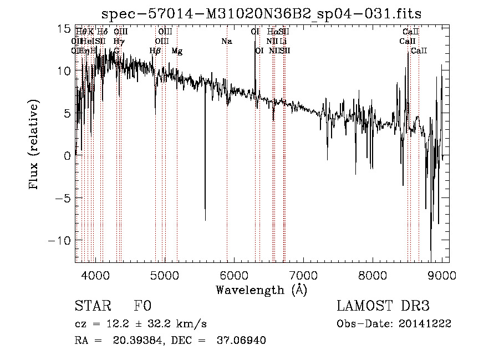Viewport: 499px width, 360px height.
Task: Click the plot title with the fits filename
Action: (262, 14)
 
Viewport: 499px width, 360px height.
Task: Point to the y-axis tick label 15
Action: (64, 28)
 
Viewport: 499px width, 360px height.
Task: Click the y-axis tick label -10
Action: (60, 241)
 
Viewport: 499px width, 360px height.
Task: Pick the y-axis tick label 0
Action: (67, 156)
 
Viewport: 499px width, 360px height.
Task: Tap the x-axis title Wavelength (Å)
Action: (262, 290)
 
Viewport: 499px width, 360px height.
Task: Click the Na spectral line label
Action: (226, 42)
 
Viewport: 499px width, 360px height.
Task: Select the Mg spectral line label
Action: (177, 51)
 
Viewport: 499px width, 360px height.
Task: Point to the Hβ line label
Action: (155, 51)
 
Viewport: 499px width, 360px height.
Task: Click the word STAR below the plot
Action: (92, 306)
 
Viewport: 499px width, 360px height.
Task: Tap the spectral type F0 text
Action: (142, 306)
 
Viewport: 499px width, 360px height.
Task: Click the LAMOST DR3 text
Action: (383, 306)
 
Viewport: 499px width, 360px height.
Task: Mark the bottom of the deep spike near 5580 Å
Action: (205, 220)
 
